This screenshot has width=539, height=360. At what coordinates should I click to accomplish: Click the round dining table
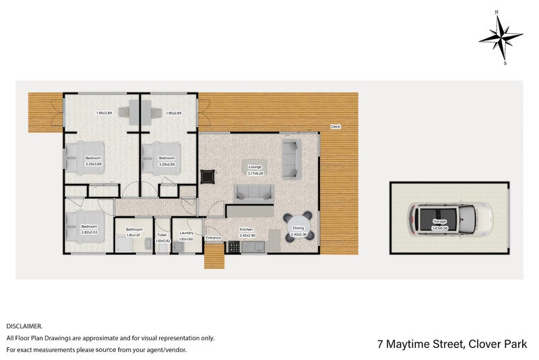298,226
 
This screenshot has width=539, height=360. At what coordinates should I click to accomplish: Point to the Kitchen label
247,229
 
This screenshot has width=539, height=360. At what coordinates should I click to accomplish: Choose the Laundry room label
187,233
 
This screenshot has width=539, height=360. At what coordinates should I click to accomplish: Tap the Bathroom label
133,229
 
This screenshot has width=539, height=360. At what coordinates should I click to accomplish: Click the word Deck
335,127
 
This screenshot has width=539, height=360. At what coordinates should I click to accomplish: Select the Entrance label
213,237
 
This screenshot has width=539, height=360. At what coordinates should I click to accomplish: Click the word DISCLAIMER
24,325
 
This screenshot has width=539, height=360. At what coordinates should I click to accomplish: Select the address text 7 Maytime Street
418,344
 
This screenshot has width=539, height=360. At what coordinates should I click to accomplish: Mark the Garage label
439,221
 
